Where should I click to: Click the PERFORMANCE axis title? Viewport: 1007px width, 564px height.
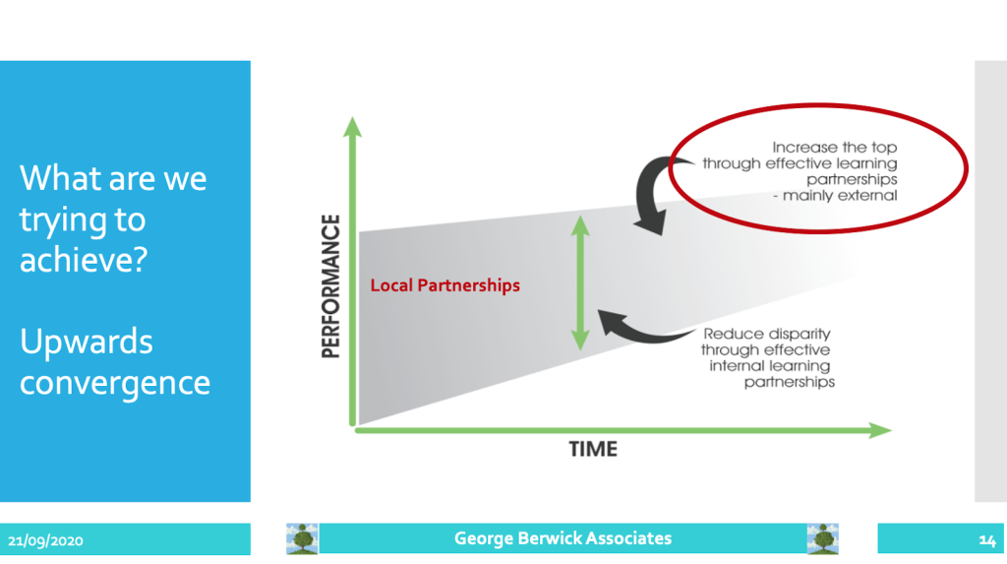pos(331,285)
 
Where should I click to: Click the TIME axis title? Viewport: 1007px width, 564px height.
pos(593,450)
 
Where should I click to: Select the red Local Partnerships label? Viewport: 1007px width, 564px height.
pos(444,285)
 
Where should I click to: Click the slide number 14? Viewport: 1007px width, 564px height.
pos(987,539)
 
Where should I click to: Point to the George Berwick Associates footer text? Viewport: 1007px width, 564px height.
pos(563,538)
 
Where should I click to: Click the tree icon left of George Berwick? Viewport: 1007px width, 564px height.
pos(302,538)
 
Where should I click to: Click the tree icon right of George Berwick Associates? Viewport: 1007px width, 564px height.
pos(822,538)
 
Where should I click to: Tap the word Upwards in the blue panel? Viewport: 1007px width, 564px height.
pos(87,343)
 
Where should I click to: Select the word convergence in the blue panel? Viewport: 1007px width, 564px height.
pos(115,382)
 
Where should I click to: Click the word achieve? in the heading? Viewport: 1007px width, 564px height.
pos(82,261)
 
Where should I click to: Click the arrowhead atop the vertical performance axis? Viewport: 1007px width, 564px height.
pos(352,125)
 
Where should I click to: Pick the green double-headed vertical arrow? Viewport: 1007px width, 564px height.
pos(580,282)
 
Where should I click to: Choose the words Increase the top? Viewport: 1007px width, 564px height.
pos(834,148)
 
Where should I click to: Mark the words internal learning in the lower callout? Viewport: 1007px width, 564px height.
pos(770,365)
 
